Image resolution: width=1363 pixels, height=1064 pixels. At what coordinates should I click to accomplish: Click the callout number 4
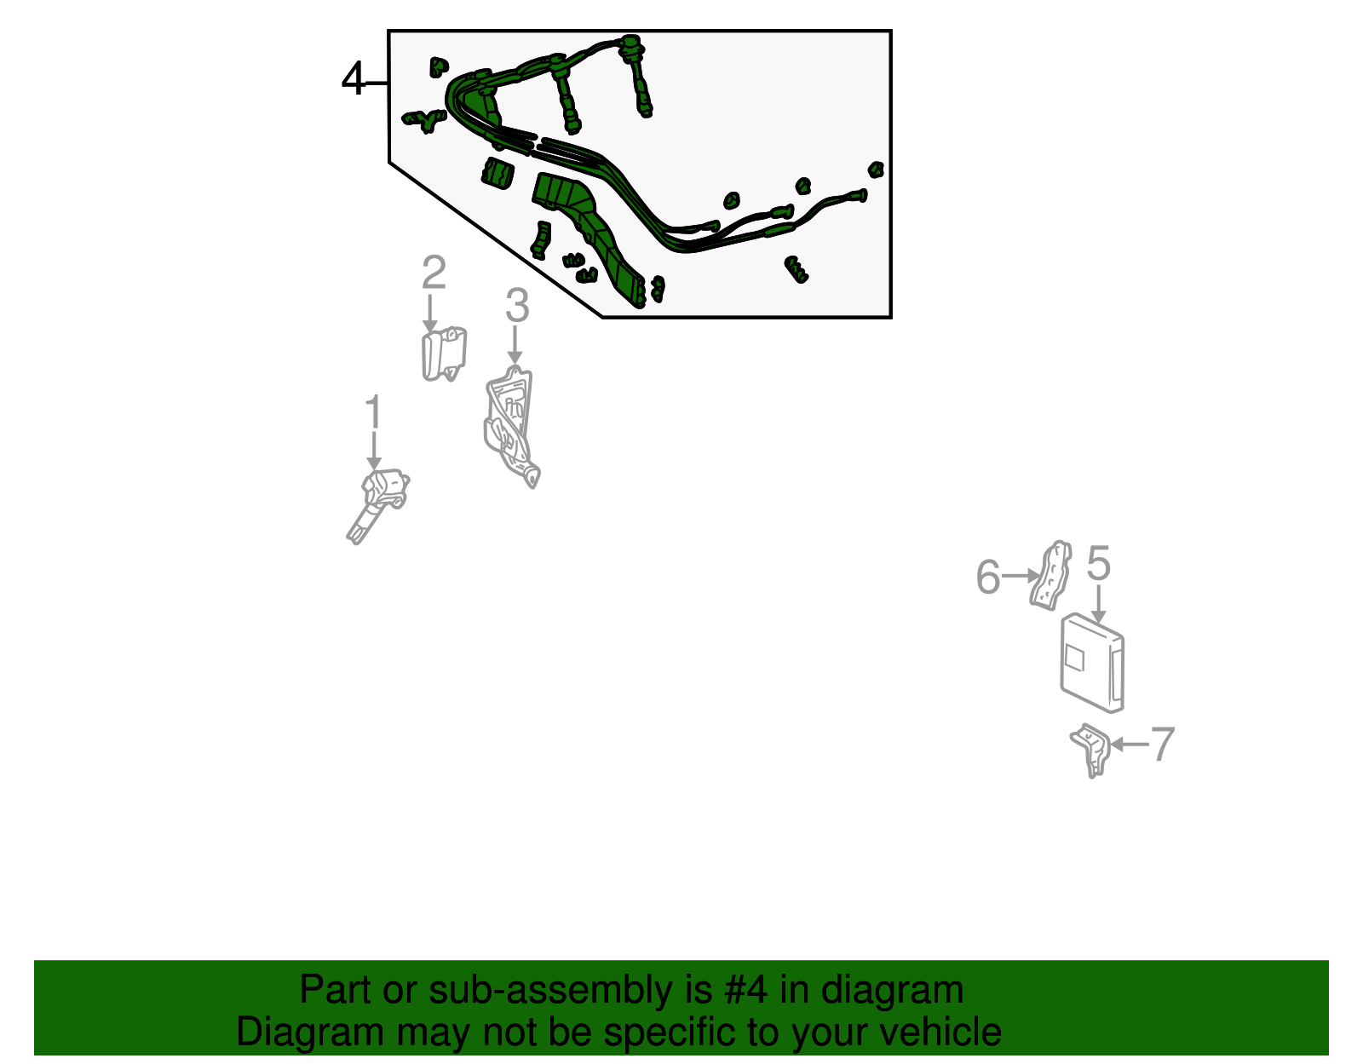click(353, 79)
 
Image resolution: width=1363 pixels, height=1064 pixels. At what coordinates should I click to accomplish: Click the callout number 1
click(374, 412)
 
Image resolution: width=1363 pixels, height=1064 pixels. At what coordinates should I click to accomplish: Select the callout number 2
click(434, 272)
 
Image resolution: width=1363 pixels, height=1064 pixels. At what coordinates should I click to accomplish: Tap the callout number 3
click(517, 305)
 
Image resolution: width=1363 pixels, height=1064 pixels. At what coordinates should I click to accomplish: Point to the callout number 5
click(1098, 562)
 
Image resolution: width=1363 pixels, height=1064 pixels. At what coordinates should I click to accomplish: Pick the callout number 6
click(988, 577)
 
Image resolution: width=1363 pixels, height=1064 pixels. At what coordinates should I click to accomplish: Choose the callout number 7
click(1162, 745)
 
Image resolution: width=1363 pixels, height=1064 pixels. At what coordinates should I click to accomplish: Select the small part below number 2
click(444, 354)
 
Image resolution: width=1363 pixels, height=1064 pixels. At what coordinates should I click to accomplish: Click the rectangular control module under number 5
click(1092, 663)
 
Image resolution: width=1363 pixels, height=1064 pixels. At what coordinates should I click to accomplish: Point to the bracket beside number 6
click(1050, 575)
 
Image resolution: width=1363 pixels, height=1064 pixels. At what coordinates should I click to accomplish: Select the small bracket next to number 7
click(1090, 751)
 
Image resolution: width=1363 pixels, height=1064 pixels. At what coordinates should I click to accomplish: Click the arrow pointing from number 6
click(1021, 576)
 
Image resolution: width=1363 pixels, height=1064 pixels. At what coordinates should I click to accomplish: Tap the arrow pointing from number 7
click(1130, 745)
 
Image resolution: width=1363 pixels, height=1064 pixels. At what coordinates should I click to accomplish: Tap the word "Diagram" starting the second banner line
click(310, 1033)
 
